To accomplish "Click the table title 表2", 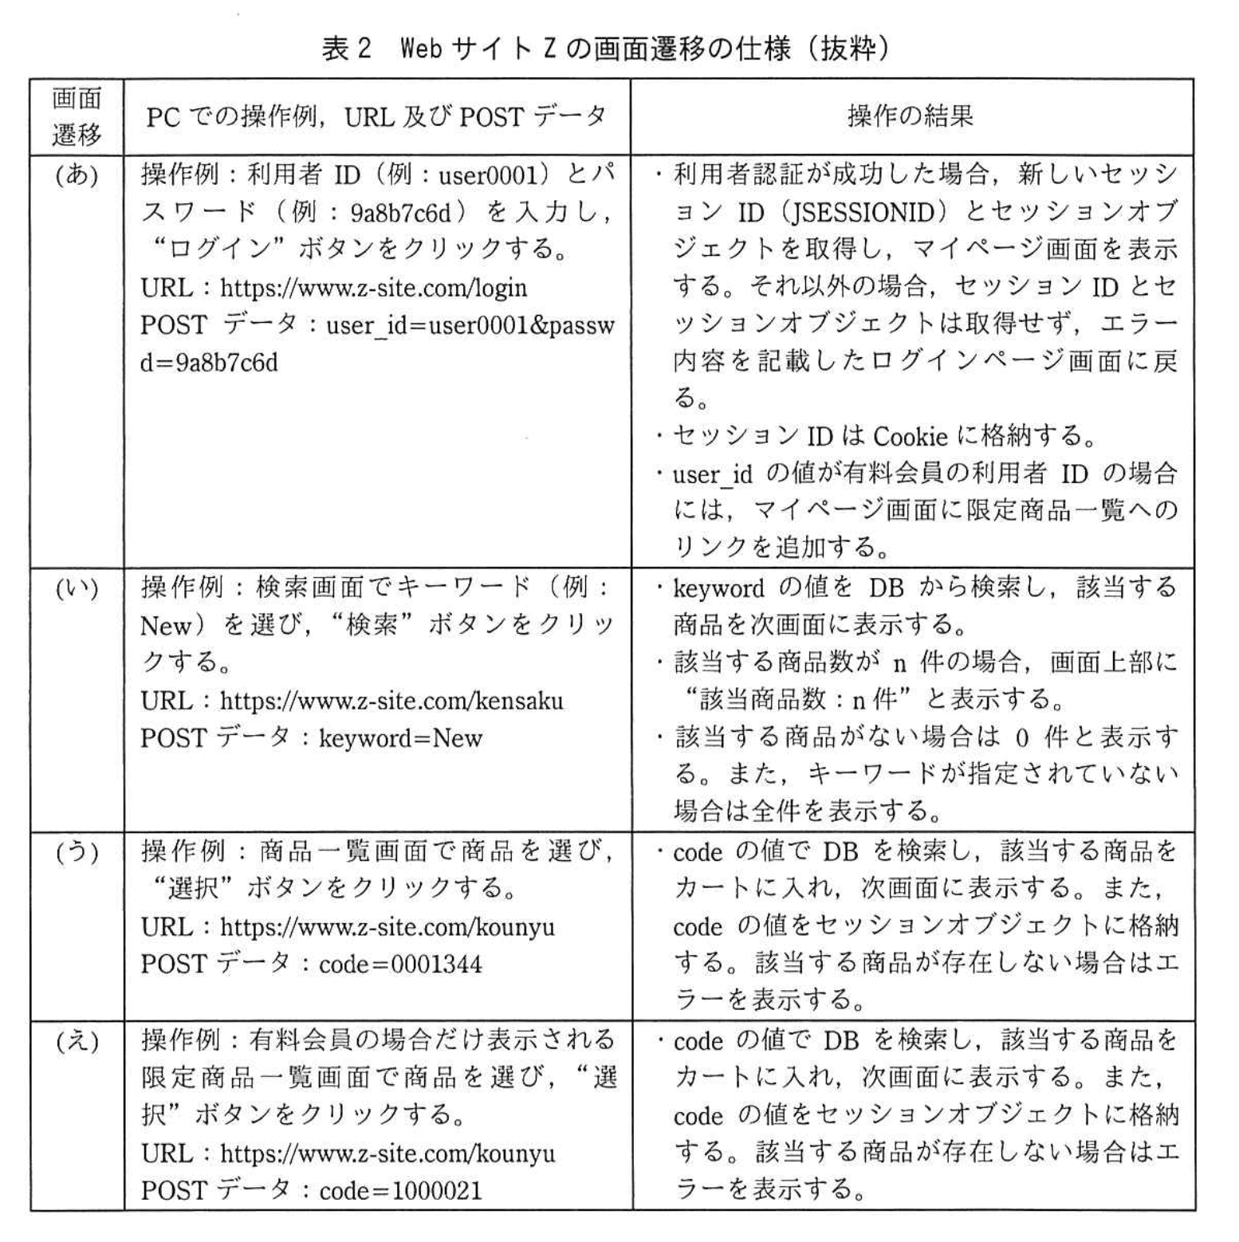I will tap(347, 49).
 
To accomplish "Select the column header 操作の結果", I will tap(910, 117).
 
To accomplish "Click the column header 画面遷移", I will tap(77, 117).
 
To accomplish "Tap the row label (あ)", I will tap(77, 175).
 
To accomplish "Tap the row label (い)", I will tap(77, 588).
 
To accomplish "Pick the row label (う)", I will tap(77, 852).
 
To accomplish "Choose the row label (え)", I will tap(77, 1040).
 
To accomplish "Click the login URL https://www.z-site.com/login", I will tap(373, 288).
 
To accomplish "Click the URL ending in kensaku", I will tap(391, 702).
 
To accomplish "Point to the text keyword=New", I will tap(400, 739).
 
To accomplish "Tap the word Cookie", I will tap(910, 437).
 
